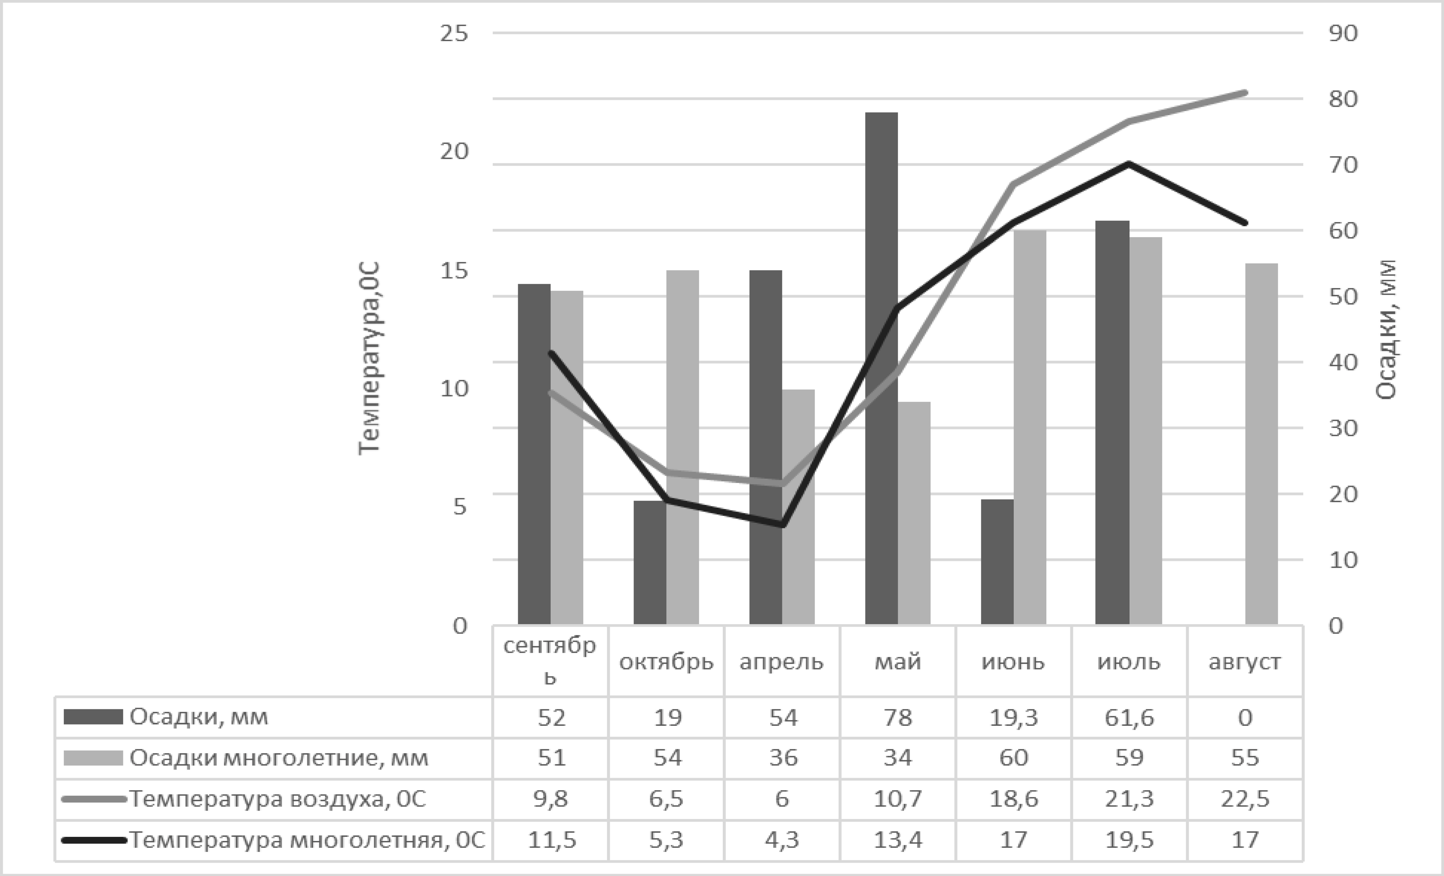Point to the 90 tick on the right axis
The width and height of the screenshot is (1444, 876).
(1343, 33)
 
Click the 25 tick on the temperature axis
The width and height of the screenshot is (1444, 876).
(454, 33)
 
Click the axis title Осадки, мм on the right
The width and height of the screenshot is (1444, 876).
(1386, 330)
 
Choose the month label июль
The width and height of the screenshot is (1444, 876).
(1129, 662)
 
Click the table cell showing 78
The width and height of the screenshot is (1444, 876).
(898, 717)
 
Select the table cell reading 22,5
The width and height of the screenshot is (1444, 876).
(1245, 799)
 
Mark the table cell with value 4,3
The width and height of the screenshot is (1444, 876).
(782, 840)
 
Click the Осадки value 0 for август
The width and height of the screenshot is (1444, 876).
(1245, 717)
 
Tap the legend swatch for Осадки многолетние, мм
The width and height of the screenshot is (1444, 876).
(93, 758)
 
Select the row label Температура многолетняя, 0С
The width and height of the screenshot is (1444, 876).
(307, 840)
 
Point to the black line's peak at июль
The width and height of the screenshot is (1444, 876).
(1129, 164)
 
